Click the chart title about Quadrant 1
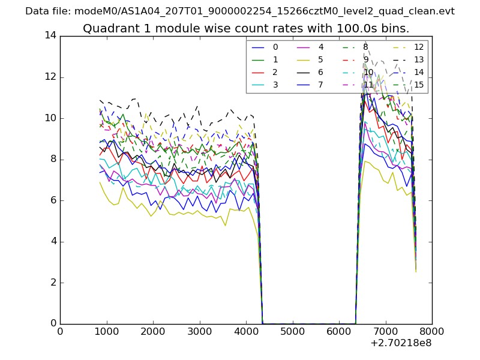pyautogui.click(x=246, y=28)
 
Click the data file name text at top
pyautogui.click(x=240, y=11)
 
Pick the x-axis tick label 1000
pyautogui.click(x=106, y=332)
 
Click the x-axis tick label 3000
pyautogui.click(x=199, y=332)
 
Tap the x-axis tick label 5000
pyautogui.click(x=292, y=332)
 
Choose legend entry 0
pyautogui.click(x=275, y=47)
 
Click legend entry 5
pyautogui.click(x=321, y=59)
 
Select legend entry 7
pyautogui.click(x=321, y=85)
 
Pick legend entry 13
pyautogui.click(x=418, y=59)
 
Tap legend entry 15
pyautogui.click(x=418, y=85)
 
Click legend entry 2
pyautogui.click(x=275, y=72)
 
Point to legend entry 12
pyautogui.click(x=418, y=47)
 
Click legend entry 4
pyautogui.click(x=321, y=47)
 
